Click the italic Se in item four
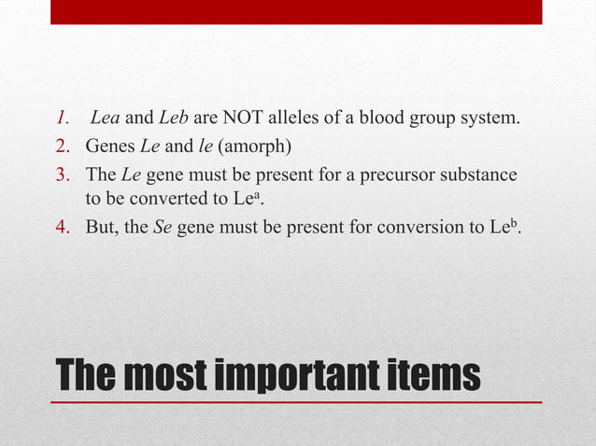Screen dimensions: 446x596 tap(160, 226)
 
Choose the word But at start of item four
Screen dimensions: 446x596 tap(101, 226)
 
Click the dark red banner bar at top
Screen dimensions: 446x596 tap(296, 11)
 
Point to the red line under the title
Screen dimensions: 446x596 tap(296, 401)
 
